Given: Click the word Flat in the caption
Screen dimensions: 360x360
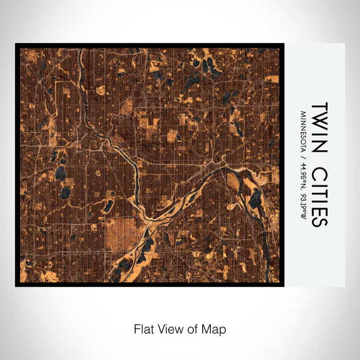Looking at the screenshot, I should click(144, 329).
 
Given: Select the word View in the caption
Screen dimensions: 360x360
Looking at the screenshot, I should click(170, 329).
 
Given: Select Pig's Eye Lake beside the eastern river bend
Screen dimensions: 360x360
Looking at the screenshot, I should click(255, 198).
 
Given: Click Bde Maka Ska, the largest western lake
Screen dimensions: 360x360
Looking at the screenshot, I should click(61, 174).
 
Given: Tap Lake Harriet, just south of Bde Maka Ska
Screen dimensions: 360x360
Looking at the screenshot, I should click(65, 193).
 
